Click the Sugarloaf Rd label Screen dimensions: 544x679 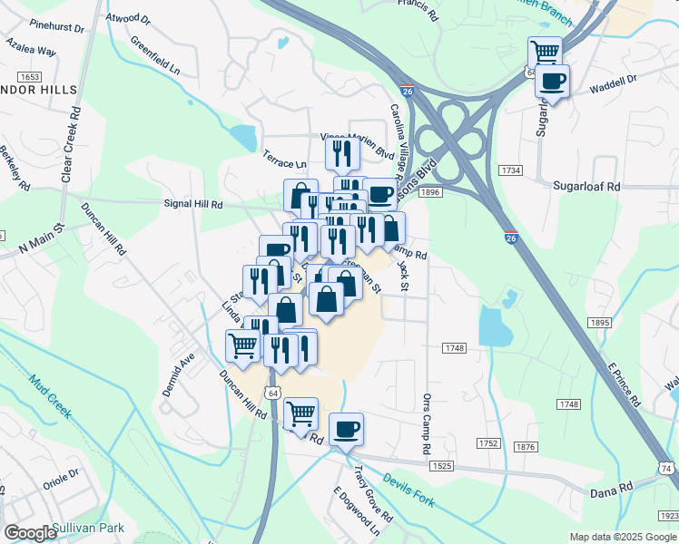586,185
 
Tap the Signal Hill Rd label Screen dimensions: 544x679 192,205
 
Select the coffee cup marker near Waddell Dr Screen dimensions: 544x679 551,82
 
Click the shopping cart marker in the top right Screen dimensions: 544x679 544,53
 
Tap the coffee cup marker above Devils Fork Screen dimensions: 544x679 345,429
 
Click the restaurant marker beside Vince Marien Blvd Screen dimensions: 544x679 341,153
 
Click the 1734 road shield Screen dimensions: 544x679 511,170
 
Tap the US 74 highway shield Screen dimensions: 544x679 665,467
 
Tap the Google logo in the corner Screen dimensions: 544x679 30,532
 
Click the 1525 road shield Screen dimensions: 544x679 442,465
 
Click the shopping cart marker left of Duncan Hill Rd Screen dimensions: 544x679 242,345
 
